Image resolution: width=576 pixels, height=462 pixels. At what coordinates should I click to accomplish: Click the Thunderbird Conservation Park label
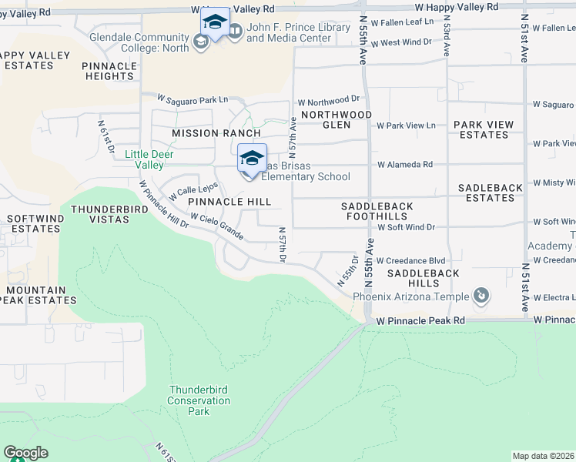pyautogui.click(x=189, y=400)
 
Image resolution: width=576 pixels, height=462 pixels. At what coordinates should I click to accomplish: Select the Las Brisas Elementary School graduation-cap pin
pyautogui.click(x=252, y=158)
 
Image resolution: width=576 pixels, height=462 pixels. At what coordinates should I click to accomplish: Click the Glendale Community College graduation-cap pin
pyautogui.click(x=215, y=22)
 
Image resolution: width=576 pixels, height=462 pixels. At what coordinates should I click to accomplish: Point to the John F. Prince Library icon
pyautogui.click(x=235, y=32)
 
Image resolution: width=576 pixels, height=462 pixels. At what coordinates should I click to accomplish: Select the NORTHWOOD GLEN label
pyautogui.click(x=337, y=119)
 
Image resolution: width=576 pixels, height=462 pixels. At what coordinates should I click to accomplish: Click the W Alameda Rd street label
pyautogui.click(x=404, y=164)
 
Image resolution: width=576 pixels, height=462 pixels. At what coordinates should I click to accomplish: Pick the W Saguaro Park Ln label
pyautogui.click(x=193, y=99)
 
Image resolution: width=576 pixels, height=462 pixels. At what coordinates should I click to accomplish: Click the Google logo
pyautogui.click(x=25, y=453)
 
